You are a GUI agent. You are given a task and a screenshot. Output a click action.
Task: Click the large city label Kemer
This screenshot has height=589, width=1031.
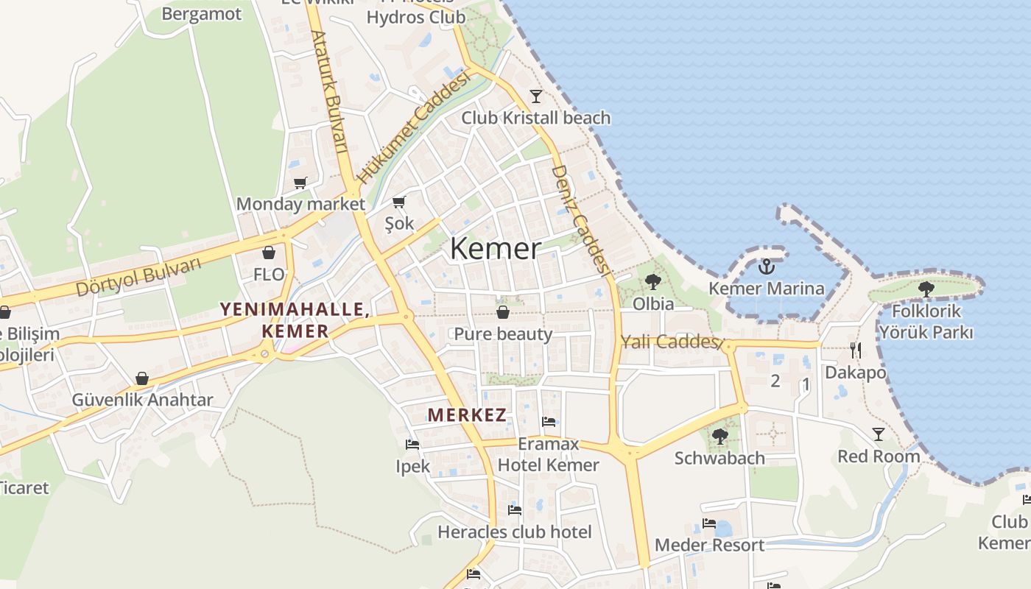(496, 248)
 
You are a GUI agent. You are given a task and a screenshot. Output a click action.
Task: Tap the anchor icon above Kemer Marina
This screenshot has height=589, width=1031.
(767, 267)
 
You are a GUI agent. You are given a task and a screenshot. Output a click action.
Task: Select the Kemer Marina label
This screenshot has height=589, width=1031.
(767, 288)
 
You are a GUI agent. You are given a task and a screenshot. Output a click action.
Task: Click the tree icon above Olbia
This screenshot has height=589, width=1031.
(652, 281)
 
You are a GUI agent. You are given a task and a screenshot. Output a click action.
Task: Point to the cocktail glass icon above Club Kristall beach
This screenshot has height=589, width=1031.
(535, 96)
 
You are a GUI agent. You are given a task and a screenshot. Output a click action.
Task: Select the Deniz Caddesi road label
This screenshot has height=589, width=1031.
(582, 220)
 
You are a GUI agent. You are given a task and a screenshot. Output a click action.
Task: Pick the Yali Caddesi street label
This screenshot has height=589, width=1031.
(669, 342)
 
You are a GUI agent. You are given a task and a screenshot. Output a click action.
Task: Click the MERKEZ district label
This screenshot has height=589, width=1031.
(467, 415)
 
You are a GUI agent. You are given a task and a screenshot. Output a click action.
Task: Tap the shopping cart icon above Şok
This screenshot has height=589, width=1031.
(399, 202)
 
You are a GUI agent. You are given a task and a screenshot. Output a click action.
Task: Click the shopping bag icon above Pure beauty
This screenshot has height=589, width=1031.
(503, 312)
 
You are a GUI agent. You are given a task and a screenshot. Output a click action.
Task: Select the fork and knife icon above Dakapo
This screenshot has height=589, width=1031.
(855, 350)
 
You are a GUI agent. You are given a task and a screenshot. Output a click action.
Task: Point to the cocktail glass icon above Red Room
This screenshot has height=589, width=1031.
(878, 434)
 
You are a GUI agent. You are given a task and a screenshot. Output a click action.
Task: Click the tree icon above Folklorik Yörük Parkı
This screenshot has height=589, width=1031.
(926, 289)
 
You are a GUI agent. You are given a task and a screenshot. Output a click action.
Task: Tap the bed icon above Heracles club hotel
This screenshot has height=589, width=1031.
(515, 509)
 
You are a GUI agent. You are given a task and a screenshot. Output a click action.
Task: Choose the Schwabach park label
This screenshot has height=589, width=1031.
(719, 458)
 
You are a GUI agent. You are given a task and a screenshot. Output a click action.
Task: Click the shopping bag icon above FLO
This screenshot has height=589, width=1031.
(269, 253)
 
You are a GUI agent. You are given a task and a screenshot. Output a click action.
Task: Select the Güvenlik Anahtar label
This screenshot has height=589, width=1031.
(142, 400)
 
